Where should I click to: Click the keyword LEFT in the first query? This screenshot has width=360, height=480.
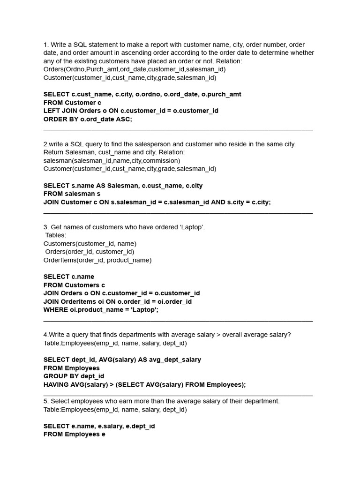[52, 111]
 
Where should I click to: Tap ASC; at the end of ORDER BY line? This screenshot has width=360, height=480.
[124, 120]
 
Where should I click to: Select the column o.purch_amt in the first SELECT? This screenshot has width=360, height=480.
[221, 94]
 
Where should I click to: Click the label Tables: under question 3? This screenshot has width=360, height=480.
[56, 235]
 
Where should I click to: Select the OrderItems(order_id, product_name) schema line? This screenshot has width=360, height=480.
[97, 260]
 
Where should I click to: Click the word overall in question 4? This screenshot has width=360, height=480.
[233, 335]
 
